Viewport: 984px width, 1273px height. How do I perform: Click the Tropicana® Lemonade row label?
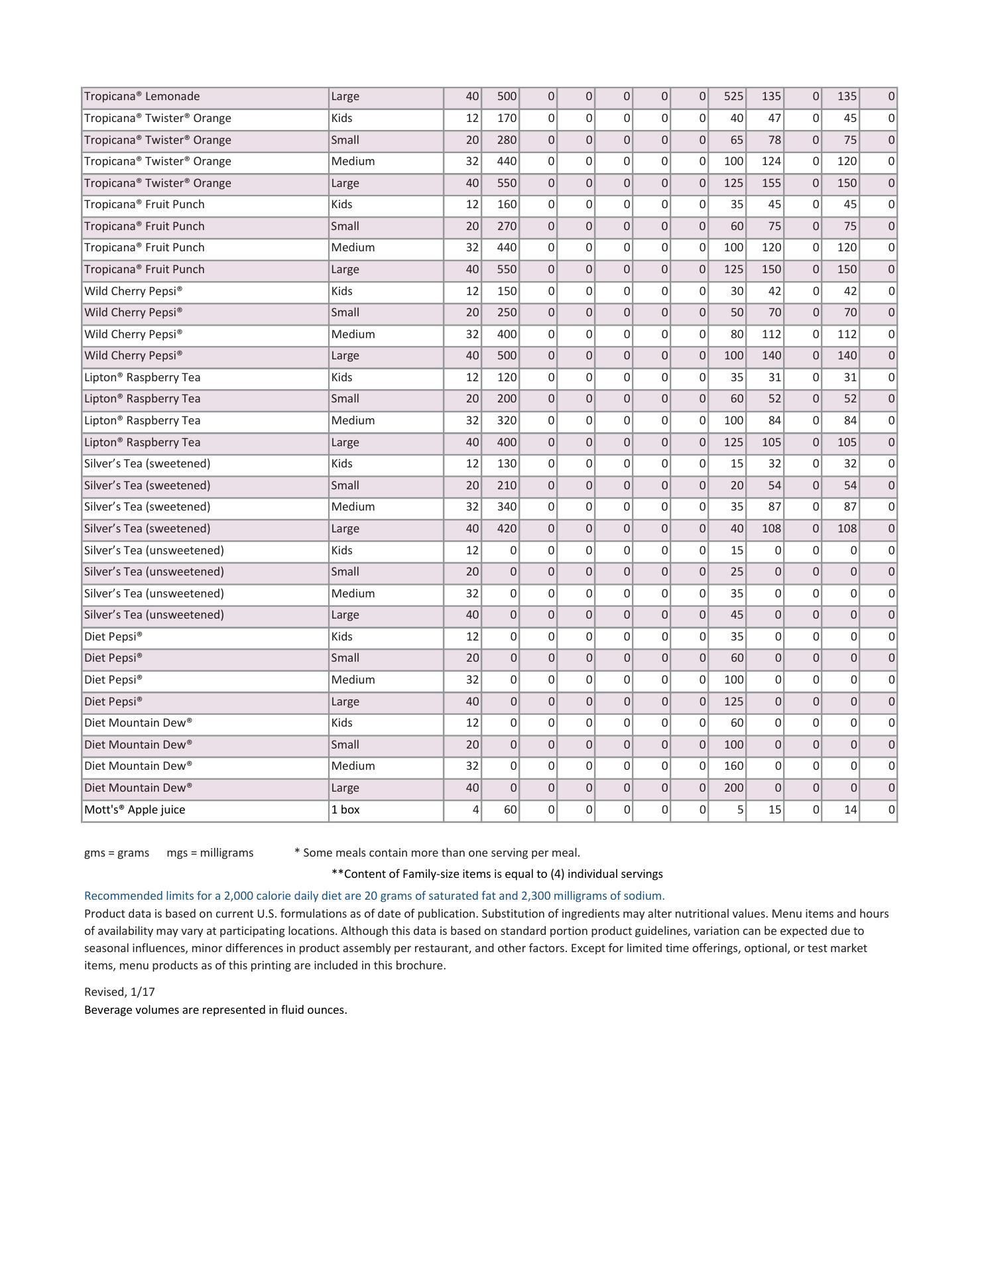point(142,96)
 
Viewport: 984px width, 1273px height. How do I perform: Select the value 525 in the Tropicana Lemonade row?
point(733,96)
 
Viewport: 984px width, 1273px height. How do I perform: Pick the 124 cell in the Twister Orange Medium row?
point(770,161)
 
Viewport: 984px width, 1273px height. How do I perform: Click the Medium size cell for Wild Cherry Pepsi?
point(353,334)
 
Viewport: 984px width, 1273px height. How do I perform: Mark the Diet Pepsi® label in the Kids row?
point(113,636)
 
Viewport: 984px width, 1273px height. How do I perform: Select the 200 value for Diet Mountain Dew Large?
point(733,788)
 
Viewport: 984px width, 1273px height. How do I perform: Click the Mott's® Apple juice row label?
point(135,810)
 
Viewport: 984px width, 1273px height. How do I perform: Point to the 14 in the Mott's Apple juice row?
point(850,810)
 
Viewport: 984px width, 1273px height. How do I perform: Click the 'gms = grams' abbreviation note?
point(117,853)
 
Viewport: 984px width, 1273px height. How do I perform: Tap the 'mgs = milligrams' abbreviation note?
point(210,853)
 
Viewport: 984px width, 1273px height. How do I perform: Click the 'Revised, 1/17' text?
point(119,992)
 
